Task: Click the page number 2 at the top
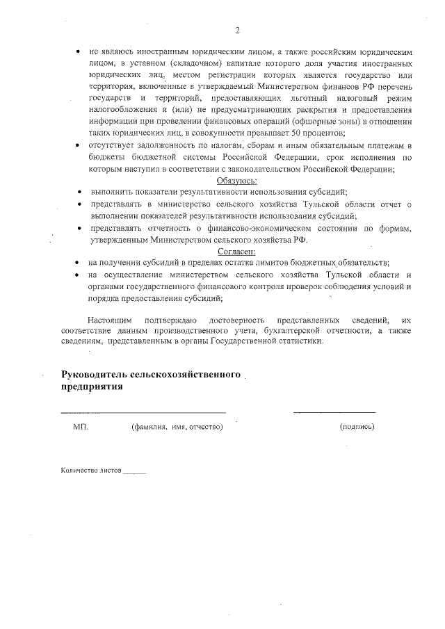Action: tap(237, 30)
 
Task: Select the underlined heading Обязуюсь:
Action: tap(237, 180)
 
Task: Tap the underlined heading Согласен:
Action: tap(237, 251)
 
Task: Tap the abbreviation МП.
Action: tap(81, 426)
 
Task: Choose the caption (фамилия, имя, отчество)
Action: tap(177, 426)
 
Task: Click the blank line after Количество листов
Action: tap(134, 473)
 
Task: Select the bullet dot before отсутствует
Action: tap(75, 146)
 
